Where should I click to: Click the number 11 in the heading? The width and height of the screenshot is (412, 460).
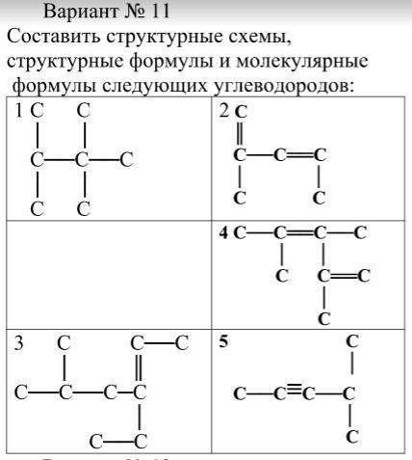tap(159, 12)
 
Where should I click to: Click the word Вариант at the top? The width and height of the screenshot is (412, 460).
tap(81, 12)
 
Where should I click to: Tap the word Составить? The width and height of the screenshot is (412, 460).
tap(54, 37)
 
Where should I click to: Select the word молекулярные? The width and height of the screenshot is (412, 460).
tap(302, 61)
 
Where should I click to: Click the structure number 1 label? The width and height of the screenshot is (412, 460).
tap(19, 111)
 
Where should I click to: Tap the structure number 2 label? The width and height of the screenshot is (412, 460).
tap(224, 111)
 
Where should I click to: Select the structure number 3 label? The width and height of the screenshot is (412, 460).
tap(19, 343)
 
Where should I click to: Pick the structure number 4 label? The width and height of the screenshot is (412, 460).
tap(224, 233)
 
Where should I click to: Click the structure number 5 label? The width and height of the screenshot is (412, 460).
tap(223, 341)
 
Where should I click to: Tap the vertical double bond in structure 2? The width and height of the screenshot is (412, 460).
tap(240, 134)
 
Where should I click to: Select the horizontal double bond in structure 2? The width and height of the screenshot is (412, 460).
tap(299, 155)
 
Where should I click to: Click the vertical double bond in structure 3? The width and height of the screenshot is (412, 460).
tap(139, 368)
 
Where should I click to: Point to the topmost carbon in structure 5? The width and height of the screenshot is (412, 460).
tap(352, 341)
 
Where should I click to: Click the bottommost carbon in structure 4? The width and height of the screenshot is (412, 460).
tap(323, 318)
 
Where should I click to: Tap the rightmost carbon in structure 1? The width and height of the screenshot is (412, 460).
tap(127, 160)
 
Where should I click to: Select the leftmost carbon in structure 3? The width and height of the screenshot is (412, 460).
tap(21, 392)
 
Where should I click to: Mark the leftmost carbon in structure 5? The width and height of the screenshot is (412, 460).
tap(240, 393)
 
